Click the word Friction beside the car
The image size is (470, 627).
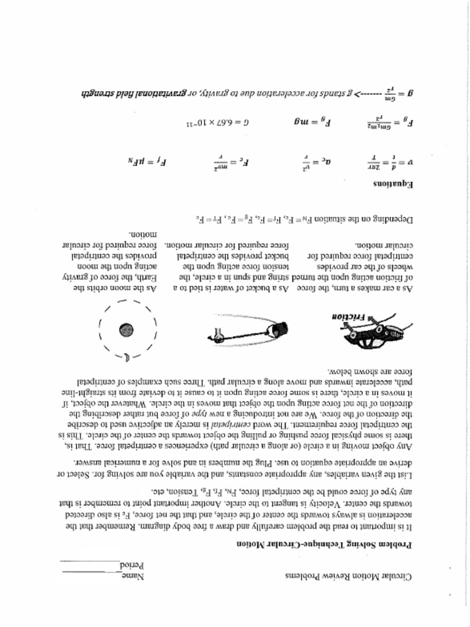[x=349, y=317]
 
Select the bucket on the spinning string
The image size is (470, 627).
[x=278, y=329]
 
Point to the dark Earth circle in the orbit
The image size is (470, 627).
[x=127, y=329]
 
